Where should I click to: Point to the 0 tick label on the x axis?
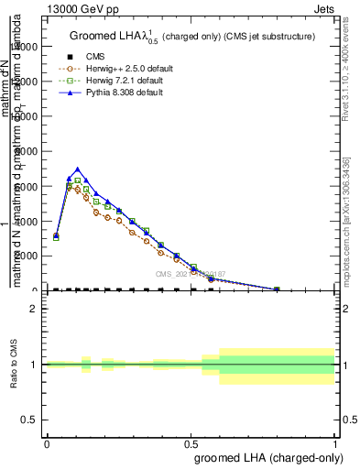coord(47,444)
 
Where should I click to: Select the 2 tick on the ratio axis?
coord(34,309)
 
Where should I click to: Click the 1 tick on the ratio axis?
coord(34,365)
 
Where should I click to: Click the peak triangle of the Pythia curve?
coord(78,169)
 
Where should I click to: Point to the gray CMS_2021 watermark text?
coord(190,274)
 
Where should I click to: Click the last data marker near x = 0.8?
coord(277,289)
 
